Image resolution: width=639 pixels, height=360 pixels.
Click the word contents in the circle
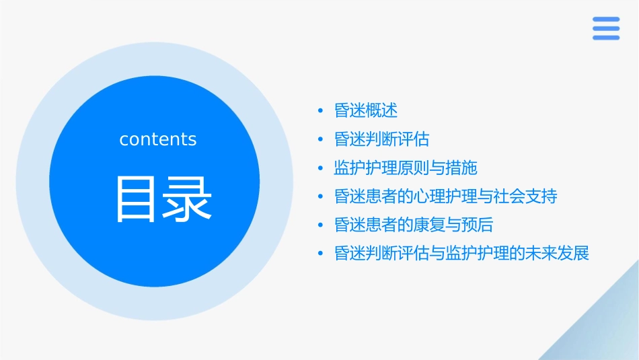(158, 139)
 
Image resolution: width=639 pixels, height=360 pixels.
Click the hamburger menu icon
(605, 28)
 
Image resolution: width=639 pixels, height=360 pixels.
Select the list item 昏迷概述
(366, 110)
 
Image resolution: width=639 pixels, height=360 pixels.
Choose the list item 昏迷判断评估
(381, 139)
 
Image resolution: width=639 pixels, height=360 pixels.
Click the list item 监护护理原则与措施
(405, 168)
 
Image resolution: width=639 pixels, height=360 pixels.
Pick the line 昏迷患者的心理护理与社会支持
(445, 196)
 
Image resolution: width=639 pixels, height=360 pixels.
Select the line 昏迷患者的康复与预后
(414, 225)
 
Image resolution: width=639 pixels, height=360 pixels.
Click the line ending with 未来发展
(461, 254)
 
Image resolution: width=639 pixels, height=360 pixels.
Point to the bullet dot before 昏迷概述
(321, 110)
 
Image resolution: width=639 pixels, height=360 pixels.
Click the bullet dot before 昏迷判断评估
(321, 139)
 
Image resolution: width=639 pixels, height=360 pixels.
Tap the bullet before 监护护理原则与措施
(321, 168)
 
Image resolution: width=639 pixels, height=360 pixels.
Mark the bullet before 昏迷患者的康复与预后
(321, 225)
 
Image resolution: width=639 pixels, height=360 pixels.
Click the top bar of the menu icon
(605, 20)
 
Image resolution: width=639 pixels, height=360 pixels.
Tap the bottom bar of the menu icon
(605, 38)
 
